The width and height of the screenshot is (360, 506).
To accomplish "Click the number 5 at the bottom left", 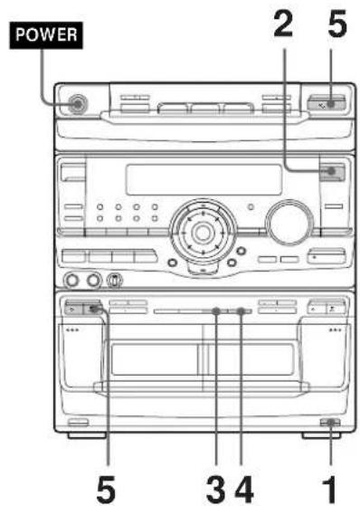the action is [108, 482].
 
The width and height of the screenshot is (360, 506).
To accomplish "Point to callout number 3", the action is [213, 482].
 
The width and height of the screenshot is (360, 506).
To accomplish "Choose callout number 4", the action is [243, 482].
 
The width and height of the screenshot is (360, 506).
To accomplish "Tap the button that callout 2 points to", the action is [333, 172].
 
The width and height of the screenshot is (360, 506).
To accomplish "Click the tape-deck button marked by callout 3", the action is [216, 311].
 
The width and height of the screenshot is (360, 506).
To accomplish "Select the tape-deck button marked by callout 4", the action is [243, 311].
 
